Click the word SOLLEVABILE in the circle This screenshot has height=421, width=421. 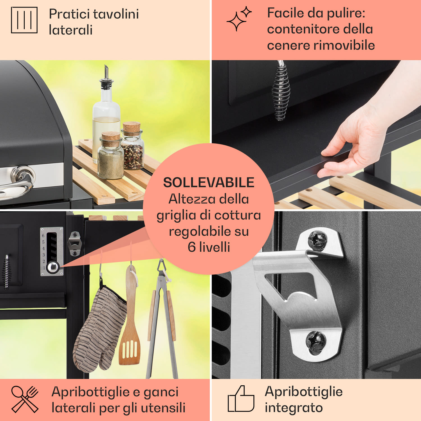pos(209,183)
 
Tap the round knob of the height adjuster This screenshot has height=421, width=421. pos(52,267)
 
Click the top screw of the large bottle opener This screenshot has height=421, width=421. pos(317,240)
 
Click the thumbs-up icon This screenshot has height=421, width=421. pos(241,399)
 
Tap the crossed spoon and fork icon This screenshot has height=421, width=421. pos(25,399)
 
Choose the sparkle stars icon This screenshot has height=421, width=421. pos(239,19)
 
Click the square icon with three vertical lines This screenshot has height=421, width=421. pos(24,20)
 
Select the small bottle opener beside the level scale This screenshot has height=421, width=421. pos(75,243)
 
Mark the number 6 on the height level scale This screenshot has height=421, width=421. pos(43,235)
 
